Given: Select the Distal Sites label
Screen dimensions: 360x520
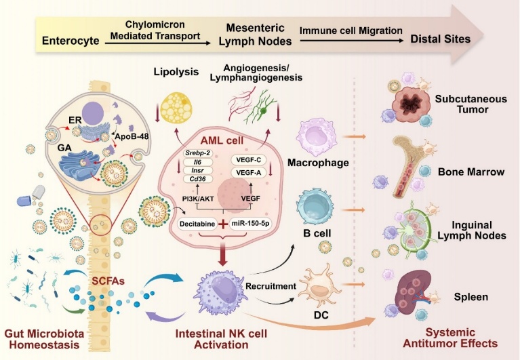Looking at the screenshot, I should click(441, 39).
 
